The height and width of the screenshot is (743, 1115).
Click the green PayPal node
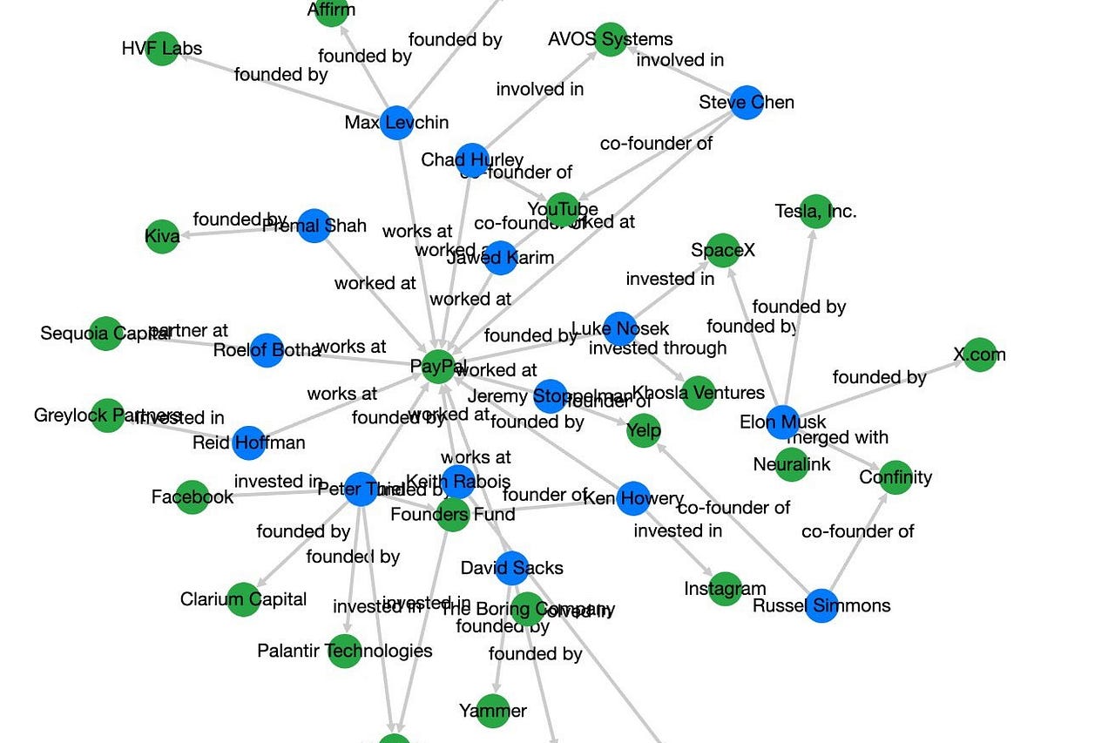pos(440,367)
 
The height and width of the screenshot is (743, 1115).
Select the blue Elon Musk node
pos(782,422)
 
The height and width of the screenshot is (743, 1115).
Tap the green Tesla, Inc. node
pos(815,211)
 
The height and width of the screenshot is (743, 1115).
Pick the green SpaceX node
pos(723,251)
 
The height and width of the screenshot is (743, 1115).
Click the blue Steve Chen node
pos(747,103)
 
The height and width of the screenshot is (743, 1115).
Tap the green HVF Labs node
pos(162,49)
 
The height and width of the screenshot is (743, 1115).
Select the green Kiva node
pos(162,236)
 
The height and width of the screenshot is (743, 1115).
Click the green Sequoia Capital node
pos(105,334)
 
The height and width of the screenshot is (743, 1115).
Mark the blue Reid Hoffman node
pos(248,442)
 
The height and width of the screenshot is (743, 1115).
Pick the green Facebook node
pos(192,496)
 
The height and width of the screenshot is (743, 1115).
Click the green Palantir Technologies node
pos(345,651)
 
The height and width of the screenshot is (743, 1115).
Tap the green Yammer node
pos(493,711)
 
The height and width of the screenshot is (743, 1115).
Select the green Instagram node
pos(725,589)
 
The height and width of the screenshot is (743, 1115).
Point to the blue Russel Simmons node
pos(821,605)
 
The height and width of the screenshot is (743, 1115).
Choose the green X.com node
pos(979,355)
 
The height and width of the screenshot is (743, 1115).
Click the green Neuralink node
pos(792,464)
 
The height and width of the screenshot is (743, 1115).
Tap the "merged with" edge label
pos(837,437)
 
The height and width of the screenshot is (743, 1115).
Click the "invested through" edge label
pos(658,348)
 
